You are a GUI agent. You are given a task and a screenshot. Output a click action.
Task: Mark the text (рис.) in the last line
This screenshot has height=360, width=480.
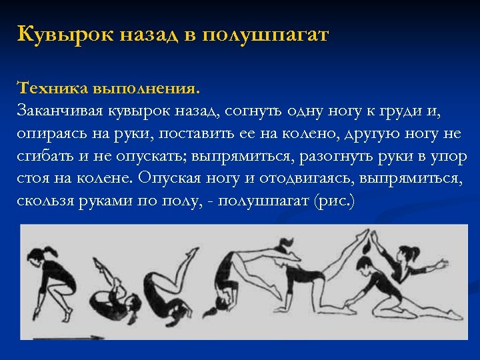334,201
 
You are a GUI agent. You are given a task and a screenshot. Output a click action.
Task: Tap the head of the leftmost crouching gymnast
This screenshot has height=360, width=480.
37,254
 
